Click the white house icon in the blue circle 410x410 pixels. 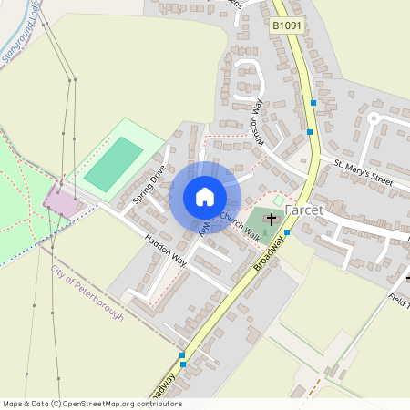[x=205, y=197]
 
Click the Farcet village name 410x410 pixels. [x=303, y=210]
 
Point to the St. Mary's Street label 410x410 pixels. [x=362, y=172]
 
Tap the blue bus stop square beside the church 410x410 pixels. [x=287, y=232]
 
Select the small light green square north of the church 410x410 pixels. [x=279, y=200]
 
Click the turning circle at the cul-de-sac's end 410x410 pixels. [x=372, y=118]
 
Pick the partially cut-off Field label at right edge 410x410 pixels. [x=399, y=302]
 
